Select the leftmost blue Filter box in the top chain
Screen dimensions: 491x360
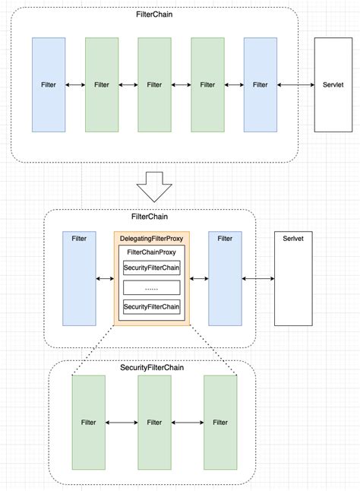(48, 85)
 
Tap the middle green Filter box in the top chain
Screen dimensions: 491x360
(155, 85)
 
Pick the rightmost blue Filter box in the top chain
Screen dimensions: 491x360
(261, 85)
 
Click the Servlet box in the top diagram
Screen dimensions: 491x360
(333, 85)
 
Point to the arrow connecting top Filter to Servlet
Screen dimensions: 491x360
(296, 85)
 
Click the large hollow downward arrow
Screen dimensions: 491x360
(154, 187)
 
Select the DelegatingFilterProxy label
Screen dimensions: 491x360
(152, 239)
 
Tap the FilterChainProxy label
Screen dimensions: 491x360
(152, 252)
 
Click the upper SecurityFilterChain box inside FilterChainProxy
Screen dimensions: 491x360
(152, 268)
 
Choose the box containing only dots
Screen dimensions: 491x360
(152, 287)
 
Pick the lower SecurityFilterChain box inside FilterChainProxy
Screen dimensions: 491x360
(152, 306)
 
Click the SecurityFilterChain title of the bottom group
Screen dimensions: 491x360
(152, 368)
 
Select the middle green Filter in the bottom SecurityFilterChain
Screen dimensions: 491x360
(155, 422)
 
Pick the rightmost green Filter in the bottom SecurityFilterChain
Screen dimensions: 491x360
(220, 422)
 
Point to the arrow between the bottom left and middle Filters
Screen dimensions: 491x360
(122, 422)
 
